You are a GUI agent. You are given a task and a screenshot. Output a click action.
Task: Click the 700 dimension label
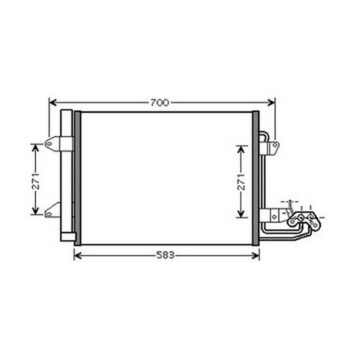(x=160, y=103)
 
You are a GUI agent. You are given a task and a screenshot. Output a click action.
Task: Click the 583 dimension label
(x=165, y=255)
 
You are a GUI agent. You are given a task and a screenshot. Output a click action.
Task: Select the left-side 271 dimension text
(x=35, y=182)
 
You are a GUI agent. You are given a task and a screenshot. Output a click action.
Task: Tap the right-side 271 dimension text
(x=241, y=182)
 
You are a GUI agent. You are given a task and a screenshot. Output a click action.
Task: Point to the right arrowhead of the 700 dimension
(x=271, y=103)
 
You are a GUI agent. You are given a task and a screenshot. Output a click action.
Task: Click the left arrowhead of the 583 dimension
(x=78, y=255)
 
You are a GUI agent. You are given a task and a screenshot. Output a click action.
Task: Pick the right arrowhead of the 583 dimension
(x=255, y=255)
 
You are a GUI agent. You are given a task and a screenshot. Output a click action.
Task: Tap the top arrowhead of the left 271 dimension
(x=35, y=148)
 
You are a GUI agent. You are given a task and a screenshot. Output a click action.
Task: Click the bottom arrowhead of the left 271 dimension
(x=35, y=210)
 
